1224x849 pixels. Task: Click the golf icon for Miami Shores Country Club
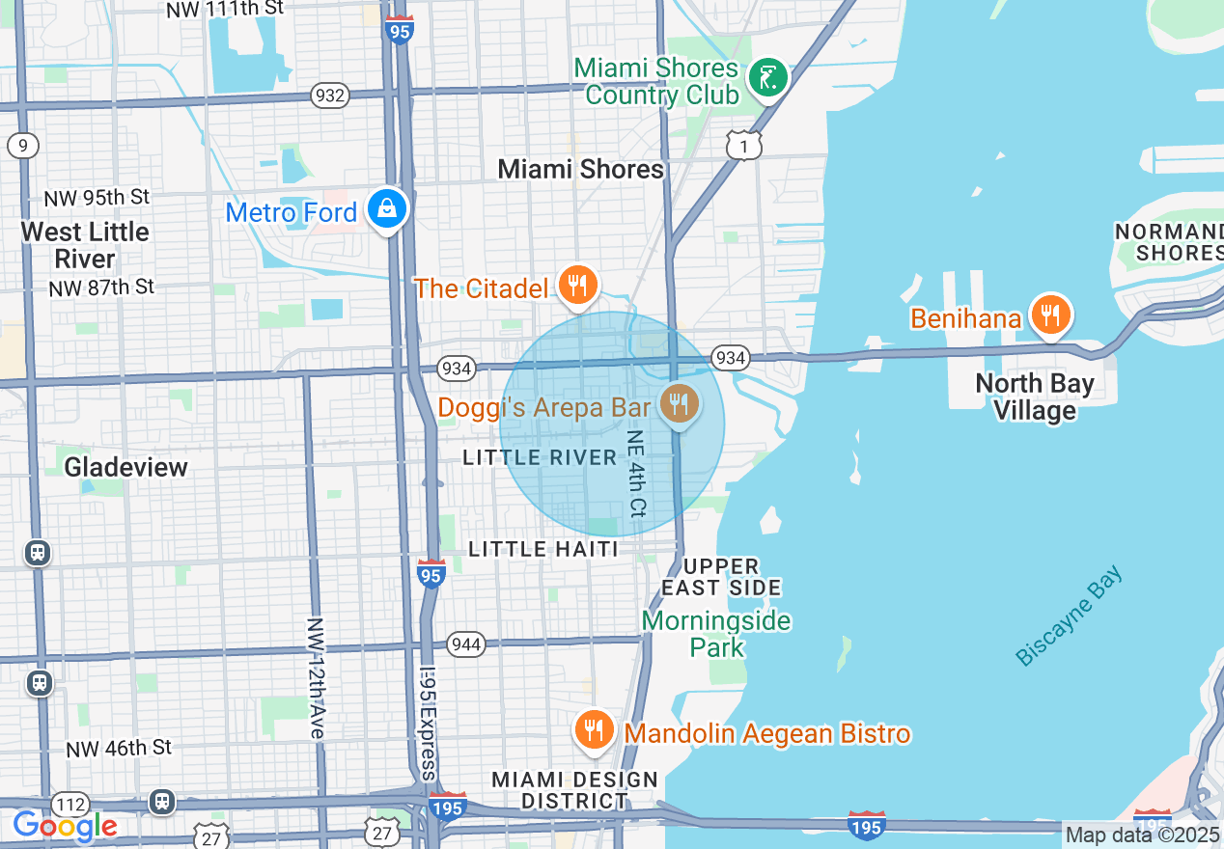coord(768,76)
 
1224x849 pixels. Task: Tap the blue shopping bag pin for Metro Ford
coord(387,207)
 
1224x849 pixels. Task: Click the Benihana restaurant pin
coord(1049,315)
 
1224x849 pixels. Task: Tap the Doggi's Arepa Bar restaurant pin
coord(680,404)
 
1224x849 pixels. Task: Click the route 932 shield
coord(330,95)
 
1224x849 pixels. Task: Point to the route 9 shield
coord(23,146)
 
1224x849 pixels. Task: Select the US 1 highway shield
coord(744,145)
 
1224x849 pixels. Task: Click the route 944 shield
coord(466,644)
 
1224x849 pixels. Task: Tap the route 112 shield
coord(71,805)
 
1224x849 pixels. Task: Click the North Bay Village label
coord(1035,397)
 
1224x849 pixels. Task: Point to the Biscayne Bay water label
coord(1070,616)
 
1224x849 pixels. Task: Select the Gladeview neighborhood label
coord(125,467)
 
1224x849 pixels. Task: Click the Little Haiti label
coord(542,549)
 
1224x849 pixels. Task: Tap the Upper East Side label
coord(721,577)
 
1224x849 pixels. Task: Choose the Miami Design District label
coord(574,790)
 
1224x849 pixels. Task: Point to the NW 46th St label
coord(119,748)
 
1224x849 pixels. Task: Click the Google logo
coord(65,826)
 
